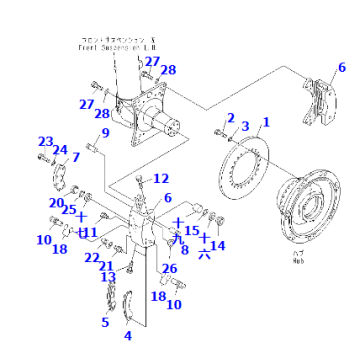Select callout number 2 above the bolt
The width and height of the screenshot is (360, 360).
[x=230, y=118]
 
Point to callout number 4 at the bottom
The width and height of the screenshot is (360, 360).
[x=127, y=335]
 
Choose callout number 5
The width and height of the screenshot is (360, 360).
[x=105, y=322]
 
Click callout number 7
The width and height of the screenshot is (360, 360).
[x=74, y=158]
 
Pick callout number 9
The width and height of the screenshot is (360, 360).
[x=105, y=133]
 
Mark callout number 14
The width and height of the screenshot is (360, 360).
[x=219, y=244]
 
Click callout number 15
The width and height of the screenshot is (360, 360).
[x=192, y=230]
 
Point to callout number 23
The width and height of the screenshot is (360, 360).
[x=45, y=141]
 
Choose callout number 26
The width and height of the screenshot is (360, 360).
[x=170, y=267]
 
